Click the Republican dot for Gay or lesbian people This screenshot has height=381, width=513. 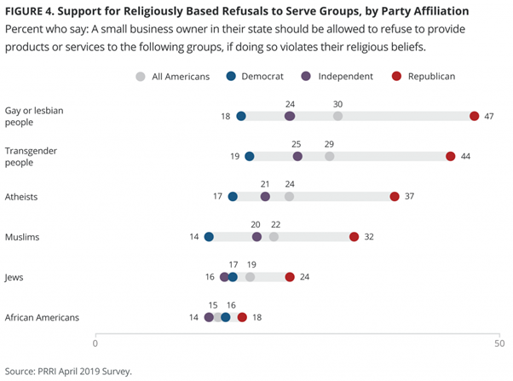pos(475,116)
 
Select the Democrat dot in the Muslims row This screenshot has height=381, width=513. pos(209,237)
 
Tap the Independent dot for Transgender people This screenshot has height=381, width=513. pos(297,156)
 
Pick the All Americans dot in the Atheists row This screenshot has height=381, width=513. pos(290,197)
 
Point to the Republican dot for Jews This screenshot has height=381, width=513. pos(290,277)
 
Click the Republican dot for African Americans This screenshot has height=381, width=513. pos(242,317)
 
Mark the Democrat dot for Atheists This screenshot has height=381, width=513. pos(233,197)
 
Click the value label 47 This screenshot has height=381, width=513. pos(489,116)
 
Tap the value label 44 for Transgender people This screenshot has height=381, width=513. pos(465,156)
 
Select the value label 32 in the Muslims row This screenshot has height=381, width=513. pos(369,237)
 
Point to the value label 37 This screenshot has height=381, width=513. pos(409,197)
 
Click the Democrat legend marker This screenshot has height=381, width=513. pos(231,77)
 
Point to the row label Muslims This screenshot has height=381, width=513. pos(24,237)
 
